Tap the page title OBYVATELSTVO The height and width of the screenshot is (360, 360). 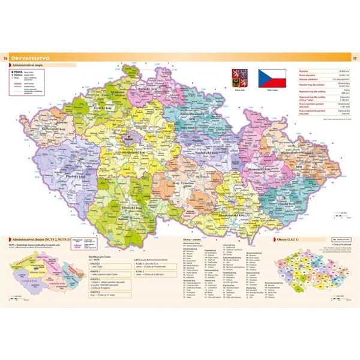[x=33, y=58]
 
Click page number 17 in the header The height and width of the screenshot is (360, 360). [x=355, y=58]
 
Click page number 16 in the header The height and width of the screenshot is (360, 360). [x=5, y=58]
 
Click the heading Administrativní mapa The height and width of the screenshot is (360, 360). [x=30, y=65]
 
